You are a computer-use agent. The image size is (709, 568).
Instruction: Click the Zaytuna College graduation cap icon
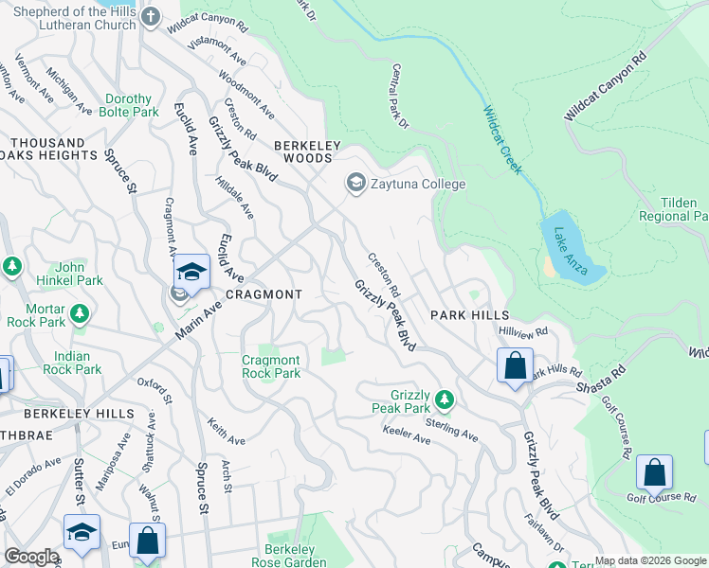[356, 183]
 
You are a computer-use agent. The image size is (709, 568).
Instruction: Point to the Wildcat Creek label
[501, 139]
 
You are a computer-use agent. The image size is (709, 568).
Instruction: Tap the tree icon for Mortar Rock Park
[81, 311]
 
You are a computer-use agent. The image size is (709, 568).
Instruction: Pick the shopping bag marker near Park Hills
[515, 365]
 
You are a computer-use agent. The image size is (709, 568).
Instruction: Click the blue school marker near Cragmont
[191, 273]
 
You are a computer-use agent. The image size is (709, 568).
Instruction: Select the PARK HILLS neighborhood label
[470, 314]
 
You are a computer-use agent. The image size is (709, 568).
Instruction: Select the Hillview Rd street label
[523, 331]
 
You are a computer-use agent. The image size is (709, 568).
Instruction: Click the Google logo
[31, 557]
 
